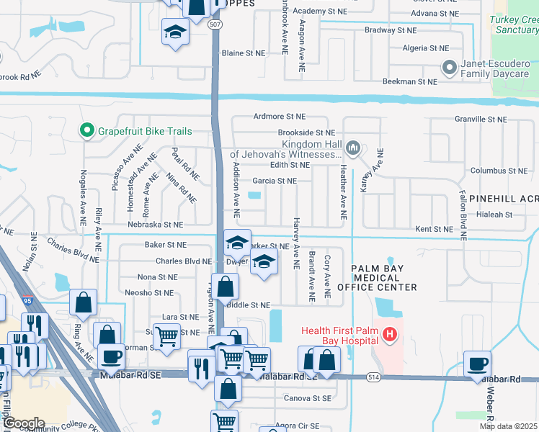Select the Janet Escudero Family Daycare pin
point(450,68)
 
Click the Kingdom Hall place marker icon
point(353,148)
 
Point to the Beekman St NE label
point(409,82)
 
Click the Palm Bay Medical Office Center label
point(385,278)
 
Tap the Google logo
point(23,423)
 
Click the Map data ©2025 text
point(508,426)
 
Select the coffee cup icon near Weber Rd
point(477,363)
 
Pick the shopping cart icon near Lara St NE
point(166,335)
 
